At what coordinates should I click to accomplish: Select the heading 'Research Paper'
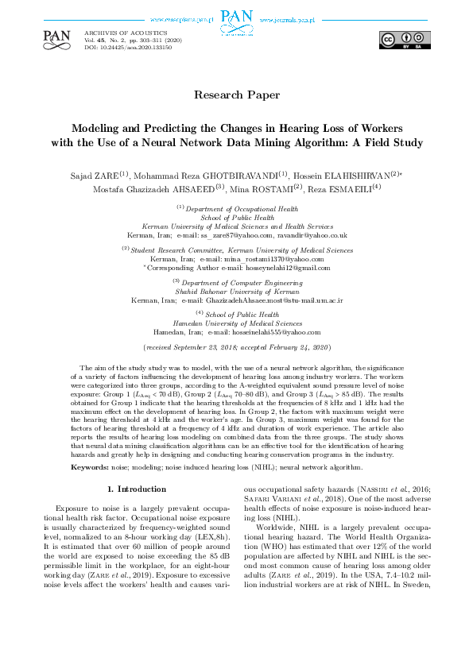237,95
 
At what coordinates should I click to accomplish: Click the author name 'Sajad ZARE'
96,175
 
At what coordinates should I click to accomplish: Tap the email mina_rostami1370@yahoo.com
262,259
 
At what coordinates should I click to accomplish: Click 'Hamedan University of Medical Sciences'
237,323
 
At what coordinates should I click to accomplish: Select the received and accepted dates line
236,348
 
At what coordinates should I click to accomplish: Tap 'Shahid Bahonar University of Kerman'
237,292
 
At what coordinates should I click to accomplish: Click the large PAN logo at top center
236,17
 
